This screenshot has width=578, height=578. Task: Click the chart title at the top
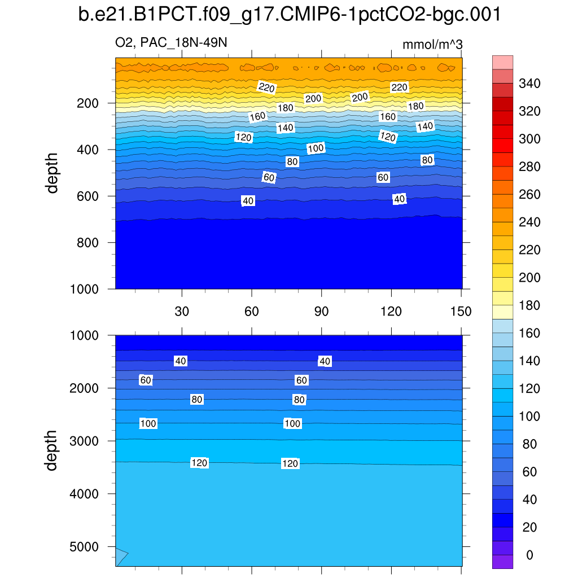[x=289, y=15]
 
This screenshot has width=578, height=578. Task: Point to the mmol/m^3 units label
[x=432, y=45]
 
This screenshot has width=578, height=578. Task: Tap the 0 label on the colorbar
[x=529, y=555]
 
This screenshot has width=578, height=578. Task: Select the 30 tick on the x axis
[x=182, y=311]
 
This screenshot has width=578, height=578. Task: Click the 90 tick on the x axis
[x=321, y=311]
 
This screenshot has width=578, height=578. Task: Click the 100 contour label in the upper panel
[x=316, y=148]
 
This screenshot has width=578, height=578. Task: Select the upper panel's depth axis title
[x=52, y=173]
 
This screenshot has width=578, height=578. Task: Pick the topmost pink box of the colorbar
[x=502, y=62]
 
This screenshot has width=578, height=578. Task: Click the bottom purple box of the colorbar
[x=502, y=562]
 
